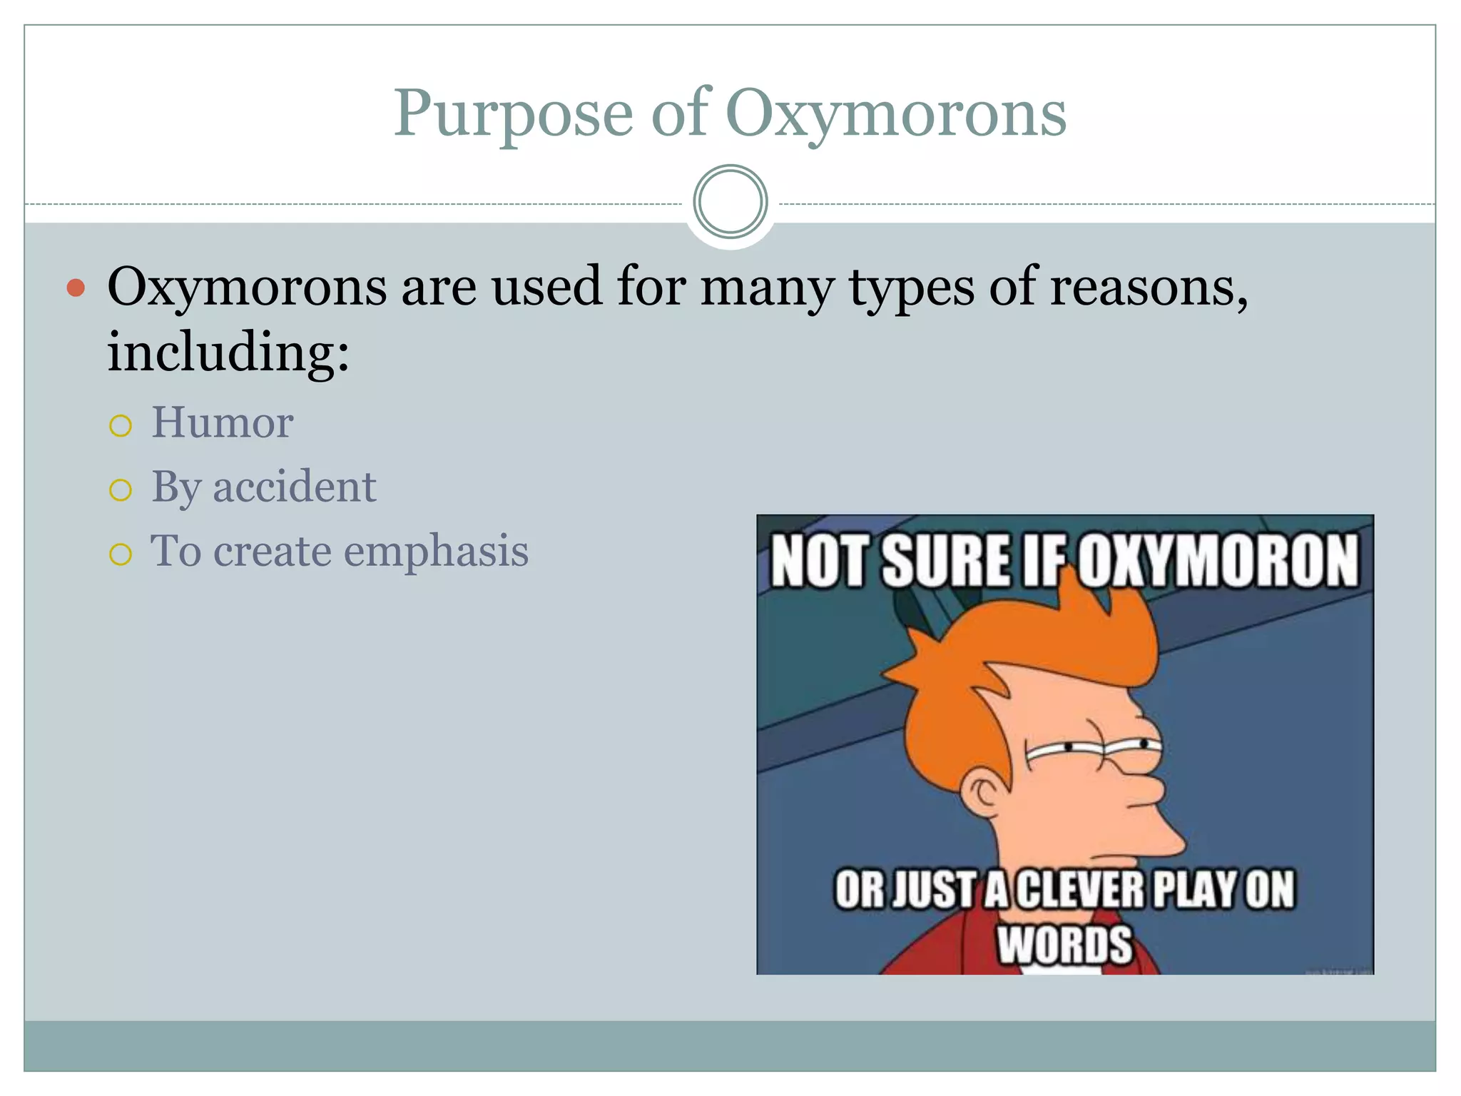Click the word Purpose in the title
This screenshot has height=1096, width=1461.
[513, 114]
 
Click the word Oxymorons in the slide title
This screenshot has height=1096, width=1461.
[895, 114]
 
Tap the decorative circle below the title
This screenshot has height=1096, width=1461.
[730, 202]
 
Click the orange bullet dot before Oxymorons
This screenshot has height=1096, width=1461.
[76, 288]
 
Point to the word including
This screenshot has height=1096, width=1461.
[228, 352]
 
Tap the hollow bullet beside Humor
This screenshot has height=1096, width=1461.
[121, 426]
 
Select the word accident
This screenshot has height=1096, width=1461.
[294, 487]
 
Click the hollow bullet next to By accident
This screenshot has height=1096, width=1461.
[121, 490]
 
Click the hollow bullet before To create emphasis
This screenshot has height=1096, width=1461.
[121, 554]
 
